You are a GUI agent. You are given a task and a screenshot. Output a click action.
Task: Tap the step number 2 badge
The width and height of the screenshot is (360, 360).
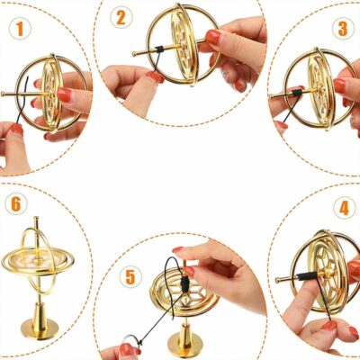122,18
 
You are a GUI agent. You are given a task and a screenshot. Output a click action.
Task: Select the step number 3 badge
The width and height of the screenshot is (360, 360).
341,28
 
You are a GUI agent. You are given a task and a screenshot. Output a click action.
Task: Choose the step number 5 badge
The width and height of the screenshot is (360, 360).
130,276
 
